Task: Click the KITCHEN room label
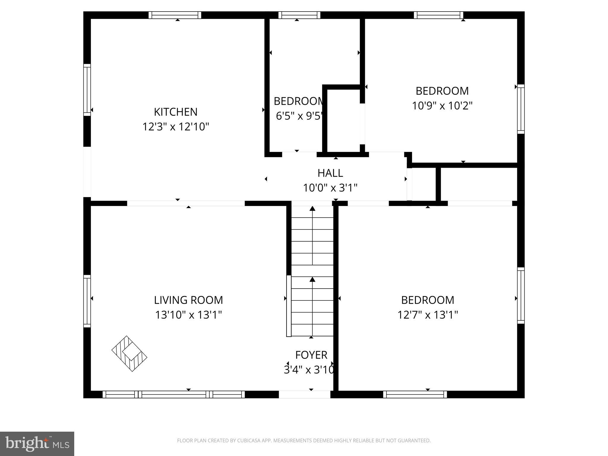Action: click(x=175, y=112)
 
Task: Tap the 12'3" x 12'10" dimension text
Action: click(x=176, y=127)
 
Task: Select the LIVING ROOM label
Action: click(x=188, y=300)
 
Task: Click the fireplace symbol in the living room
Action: click(x=129, y=354)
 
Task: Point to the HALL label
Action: click(x=330, y=173)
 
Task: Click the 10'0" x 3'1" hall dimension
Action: click(x=330, y=188)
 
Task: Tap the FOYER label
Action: click(x=311, y=355)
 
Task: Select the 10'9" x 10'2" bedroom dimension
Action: click(x=442, y=106)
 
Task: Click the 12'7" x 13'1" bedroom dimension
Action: click(x=427, y=315)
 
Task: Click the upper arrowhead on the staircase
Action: click(x=312, y=208)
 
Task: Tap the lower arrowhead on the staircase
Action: click(x=312, y=279)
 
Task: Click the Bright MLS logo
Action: click(x=37, y=444)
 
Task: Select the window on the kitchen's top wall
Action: click(x=175, y=15)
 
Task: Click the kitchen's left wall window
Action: click(x=87, y=90)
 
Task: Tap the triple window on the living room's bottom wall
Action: click(x=174, y=394)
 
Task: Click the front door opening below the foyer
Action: click(x=305, y=394)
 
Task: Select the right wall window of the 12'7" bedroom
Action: click(x=521, y=295)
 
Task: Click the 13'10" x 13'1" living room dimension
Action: click(x=188, y=315)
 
